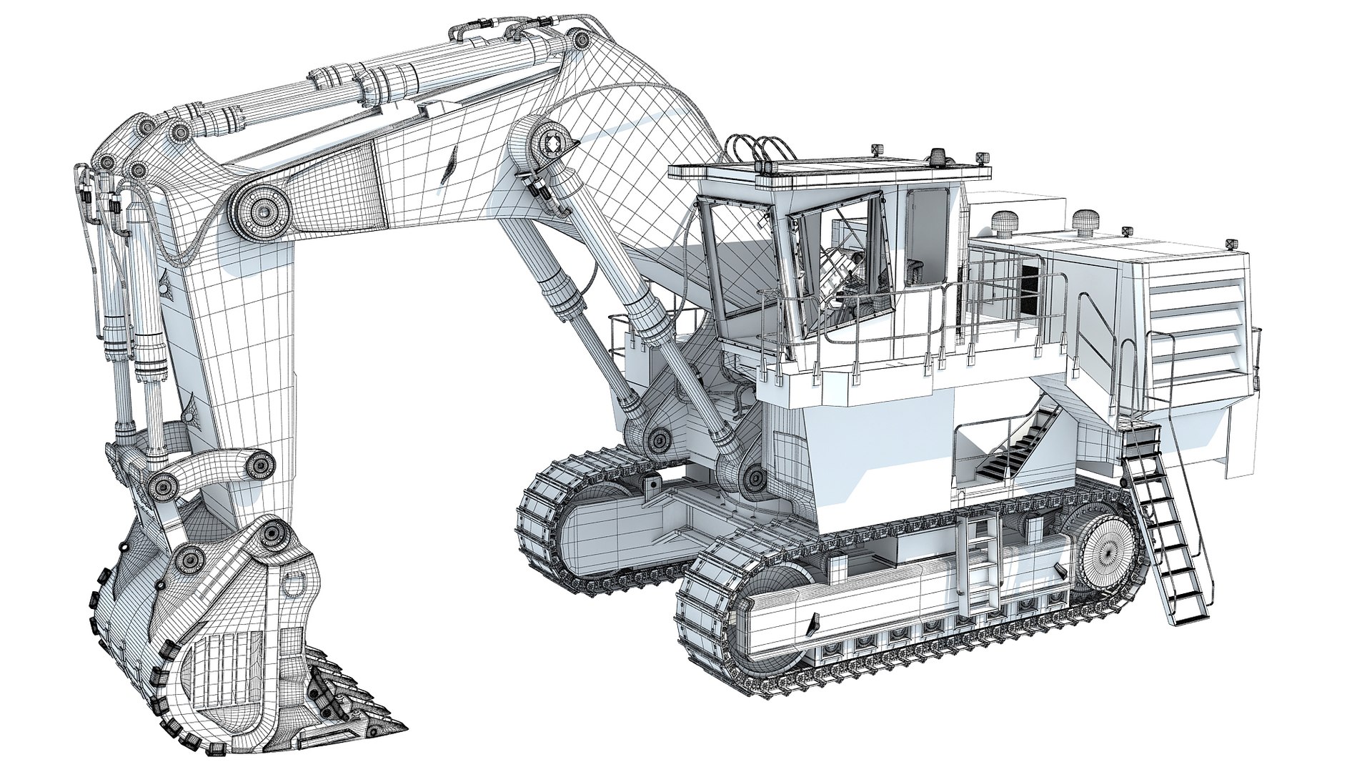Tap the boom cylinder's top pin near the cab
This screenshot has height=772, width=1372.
point(552,144)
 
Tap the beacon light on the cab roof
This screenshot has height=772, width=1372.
point(935,154)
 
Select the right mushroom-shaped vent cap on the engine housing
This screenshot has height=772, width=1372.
point(1087,218)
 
